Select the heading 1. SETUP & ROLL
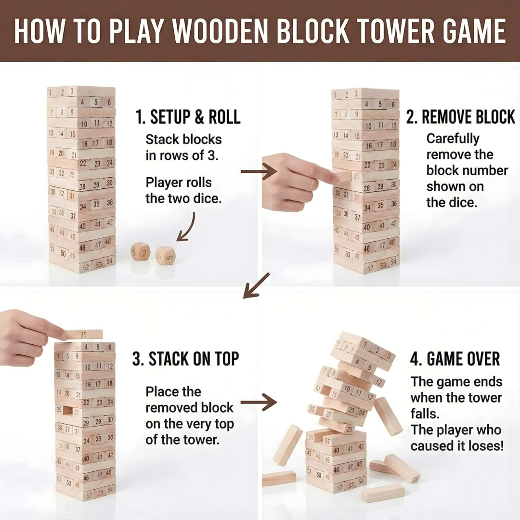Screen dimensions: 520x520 (x=188, y=117)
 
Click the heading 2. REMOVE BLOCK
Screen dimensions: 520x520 (x=461, y=117)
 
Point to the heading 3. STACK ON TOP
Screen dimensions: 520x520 (x=185, y=359)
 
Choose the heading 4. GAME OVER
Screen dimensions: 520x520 (x=455, y=359)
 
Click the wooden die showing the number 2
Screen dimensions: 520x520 (x=140, y=251)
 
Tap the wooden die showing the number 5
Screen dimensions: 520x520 (x=165, y=256)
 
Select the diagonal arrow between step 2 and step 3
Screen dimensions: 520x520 (x=256, y=286)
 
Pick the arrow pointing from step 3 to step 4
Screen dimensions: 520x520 (x=259, y=402)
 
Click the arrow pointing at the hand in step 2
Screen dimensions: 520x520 (x=258, y=171)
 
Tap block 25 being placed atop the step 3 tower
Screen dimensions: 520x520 (x=84, y=334)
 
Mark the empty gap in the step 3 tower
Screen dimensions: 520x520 (x=67, y=411)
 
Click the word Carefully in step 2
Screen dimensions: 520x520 (x=453, y=139)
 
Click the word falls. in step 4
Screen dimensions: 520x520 (x=425, y=414)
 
